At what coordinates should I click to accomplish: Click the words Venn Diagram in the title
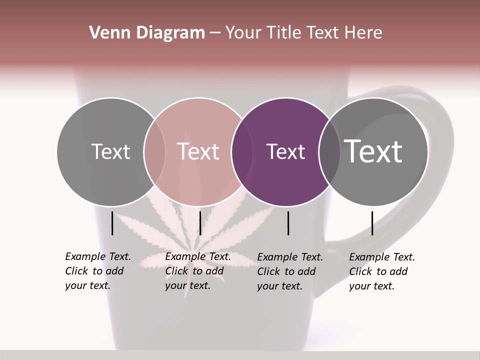(x=147, y=33)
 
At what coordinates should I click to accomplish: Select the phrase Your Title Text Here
(x=303, y=33)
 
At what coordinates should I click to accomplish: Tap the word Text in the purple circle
(x=285, y=152)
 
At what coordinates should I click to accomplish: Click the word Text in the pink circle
(x=198, y=152)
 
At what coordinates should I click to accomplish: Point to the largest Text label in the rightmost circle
(x=373, y=151)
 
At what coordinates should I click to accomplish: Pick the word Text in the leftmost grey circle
(x=110, y=152)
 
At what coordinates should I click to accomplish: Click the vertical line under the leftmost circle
(x=112, y=223)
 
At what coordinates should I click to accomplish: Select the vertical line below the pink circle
(x=200, y=223)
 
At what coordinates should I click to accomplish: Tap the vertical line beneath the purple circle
(x=288, y=223)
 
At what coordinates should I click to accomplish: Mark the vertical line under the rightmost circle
(x=372, y=223)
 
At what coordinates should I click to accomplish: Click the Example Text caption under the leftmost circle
(x=98, y=271)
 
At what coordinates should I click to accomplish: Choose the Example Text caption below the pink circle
(x=198, y=271)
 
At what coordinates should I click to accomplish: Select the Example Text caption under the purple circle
(x=290, y=271)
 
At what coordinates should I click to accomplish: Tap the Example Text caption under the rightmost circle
(x=382, y=271)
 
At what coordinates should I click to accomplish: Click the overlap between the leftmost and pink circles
(x=154, y=152)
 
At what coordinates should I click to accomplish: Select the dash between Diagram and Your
(x=215, y=33)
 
